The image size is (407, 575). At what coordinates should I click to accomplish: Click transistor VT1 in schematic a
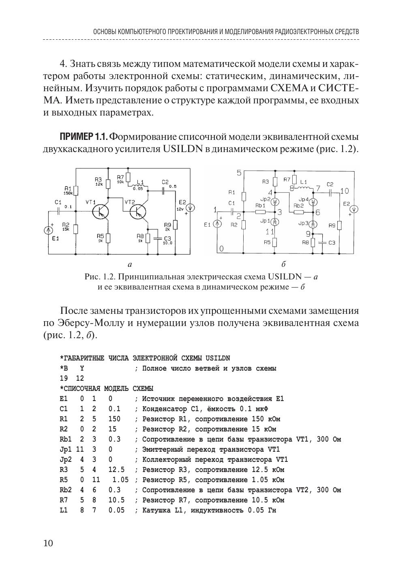100,211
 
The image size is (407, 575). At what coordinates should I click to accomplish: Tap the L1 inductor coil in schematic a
139,186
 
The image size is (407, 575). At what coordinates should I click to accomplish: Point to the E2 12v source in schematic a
191,208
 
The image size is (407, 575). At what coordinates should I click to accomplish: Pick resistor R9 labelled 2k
175,225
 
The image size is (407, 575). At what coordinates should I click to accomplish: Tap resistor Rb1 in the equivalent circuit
260,212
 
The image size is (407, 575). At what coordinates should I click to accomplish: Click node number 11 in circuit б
270,232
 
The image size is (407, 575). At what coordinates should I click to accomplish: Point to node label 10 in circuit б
344,191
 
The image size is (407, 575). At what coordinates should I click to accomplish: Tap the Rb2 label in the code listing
65,490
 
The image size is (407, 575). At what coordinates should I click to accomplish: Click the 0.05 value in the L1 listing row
116,510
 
